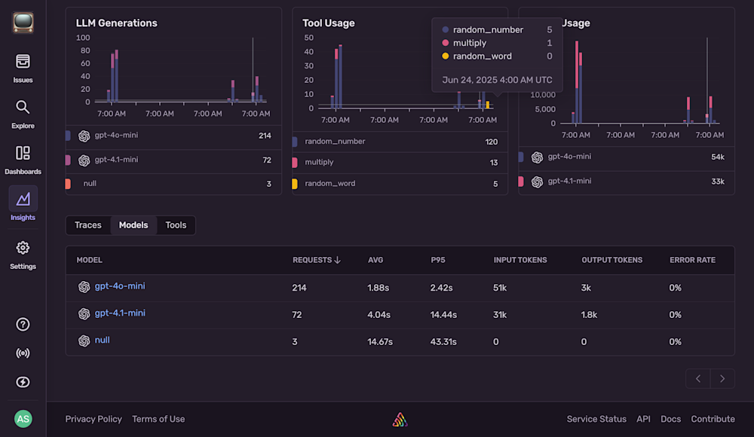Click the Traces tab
(x=88, y=225)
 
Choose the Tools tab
(x=176, y=225)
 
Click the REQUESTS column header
(x=316, y=260)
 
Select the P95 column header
(x=439, y=260)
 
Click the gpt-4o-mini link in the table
(x=119, y=286)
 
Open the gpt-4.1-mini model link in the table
(x=119, y=313)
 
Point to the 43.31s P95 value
(x=443, y=341)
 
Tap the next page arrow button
(x=722, y=378)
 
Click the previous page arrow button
(x=698, y=378)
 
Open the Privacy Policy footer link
(x=93, y=419)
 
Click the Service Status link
(x=596, y=419)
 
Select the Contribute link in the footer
(x=713, y=419)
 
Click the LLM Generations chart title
(x=116, y=23)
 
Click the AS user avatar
(x=23, y=419)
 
